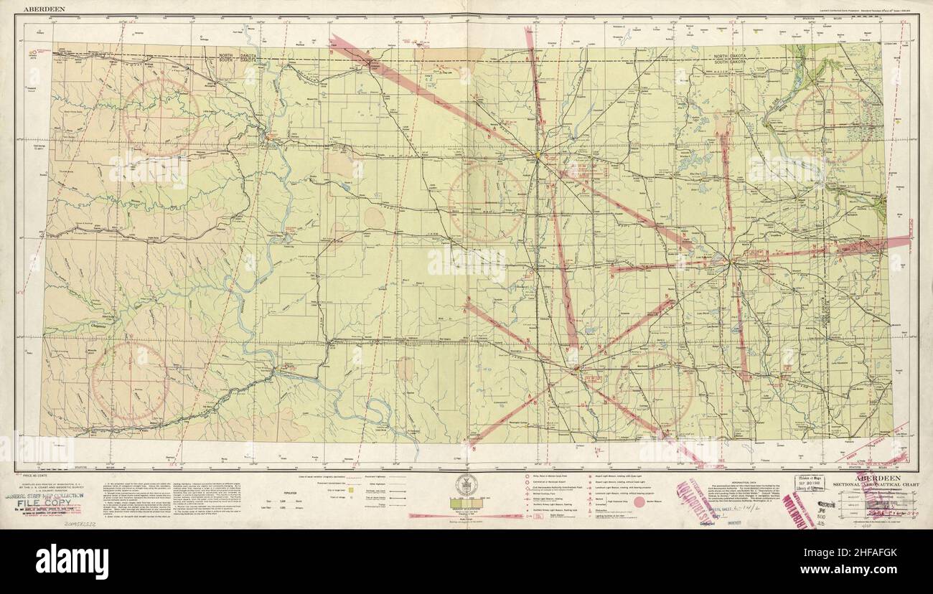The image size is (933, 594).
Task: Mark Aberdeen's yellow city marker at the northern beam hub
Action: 536,154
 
